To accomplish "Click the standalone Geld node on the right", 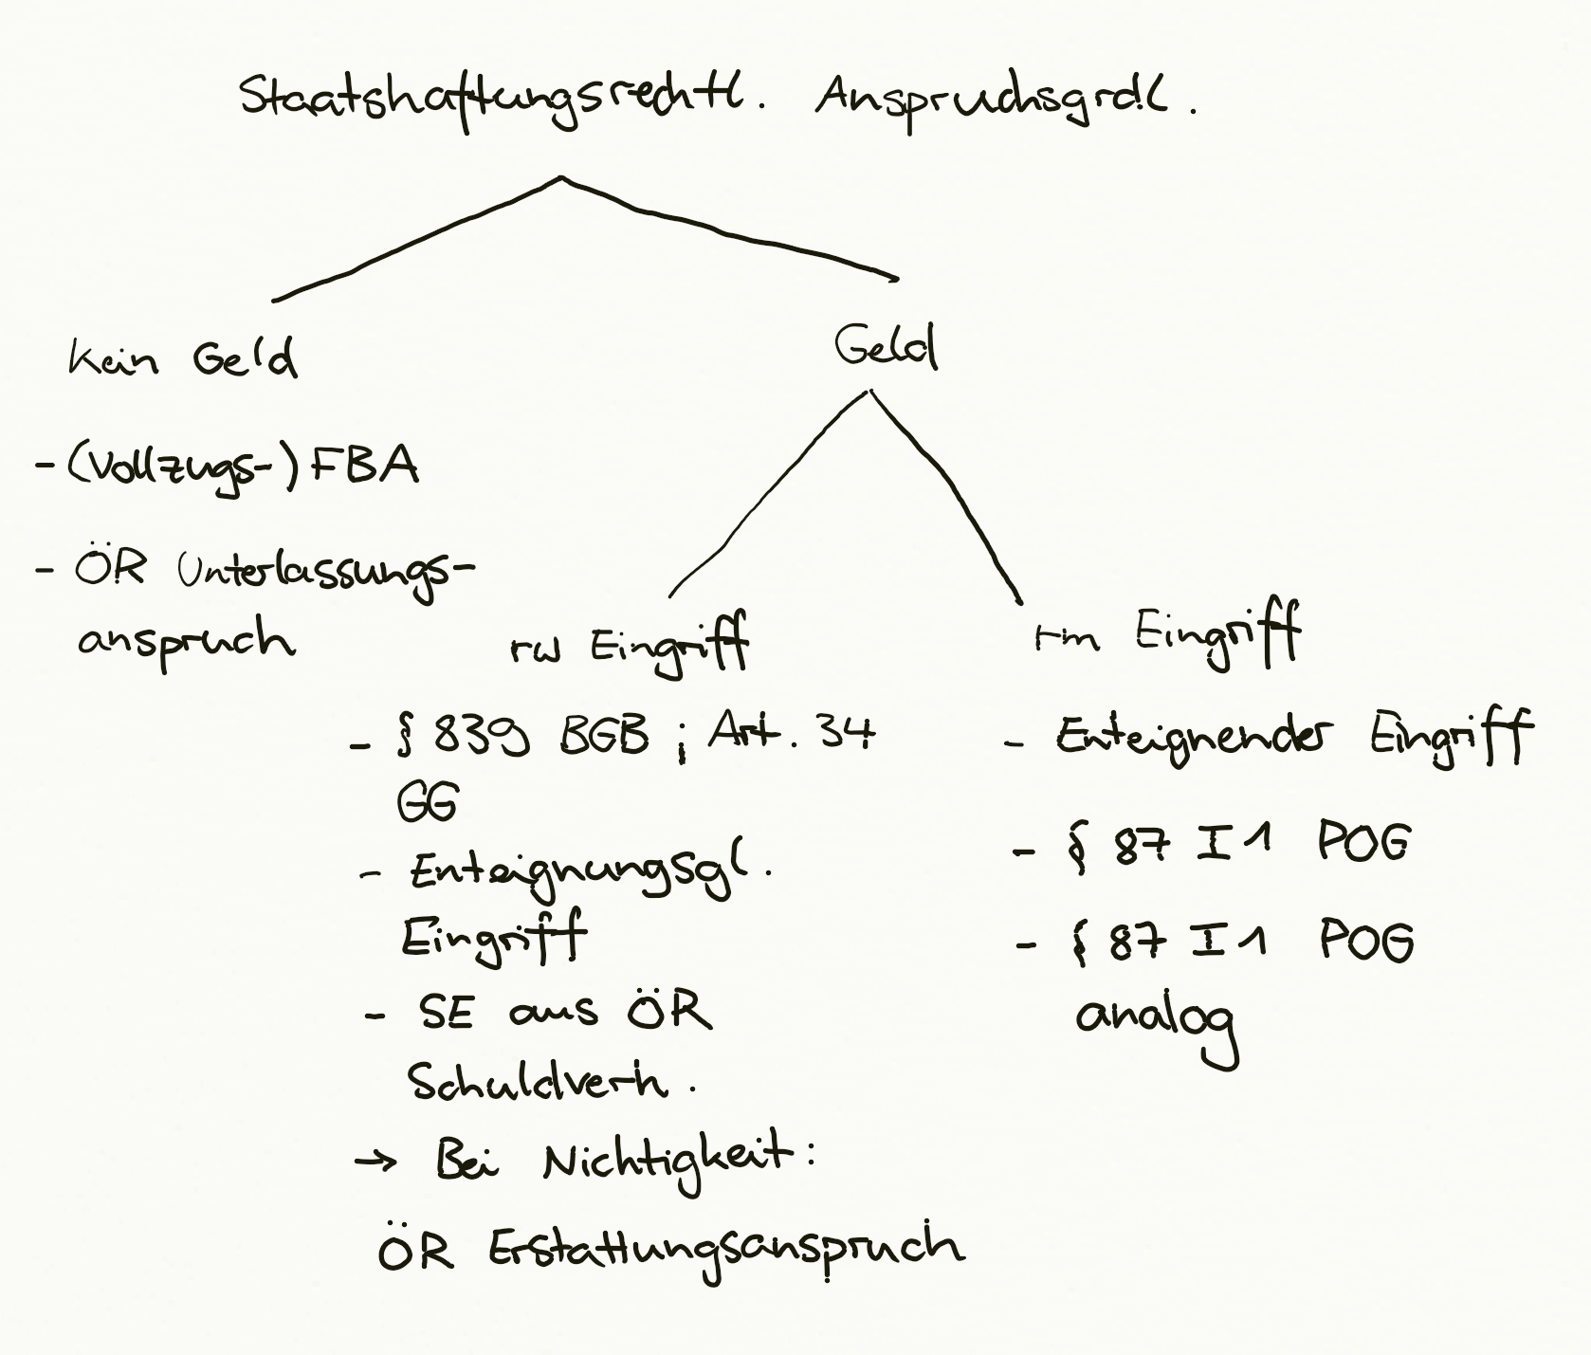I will click(886, 348).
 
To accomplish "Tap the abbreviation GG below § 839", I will click(426, 801).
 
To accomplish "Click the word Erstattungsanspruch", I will click(726, 1251).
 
